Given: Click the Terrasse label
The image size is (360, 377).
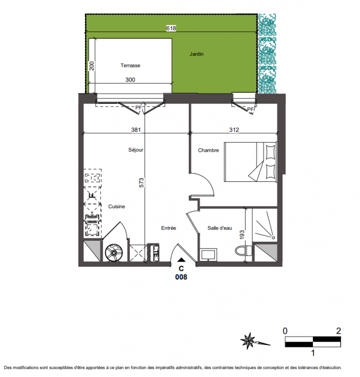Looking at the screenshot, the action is [130, 66].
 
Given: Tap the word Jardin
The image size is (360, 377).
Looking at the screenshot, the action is [196, 54].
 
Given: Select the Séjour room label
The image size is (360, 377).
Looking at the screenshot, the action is [136, 150].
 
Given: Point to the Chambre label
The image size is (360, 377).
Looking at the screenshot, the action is [208, 150].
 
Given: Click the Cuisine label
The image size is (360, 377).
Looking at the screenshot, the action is [117, 206].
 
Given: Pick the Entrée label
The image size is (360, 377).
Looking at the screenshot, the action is [168, 228].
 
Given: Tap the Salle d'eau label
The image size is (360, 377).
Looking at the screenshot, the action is [219, 228].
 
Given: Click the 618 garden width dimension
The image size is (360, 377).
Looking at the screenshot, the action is [171, 28].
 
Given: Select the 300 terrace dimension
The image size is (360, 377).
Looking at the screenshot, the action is [130, 80].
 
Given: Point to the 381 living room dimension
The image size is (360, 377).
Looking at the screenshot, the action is [136, 130].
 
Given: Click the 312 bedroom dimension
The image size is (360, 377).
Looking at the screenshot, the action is [234, 130].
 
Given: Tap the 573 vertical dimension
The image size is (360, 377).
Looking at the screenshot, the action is [142, 182].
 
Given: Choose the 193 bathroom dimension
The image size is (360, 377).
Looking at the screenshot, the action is [242, 235].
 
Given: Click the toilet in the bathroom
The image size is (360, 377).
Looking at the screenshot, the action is [243, 251].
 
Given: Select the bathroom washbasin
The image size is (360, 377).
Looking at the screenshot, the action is [208, 255].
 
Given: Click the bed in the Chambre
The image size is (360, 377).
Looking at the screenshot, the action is [251, 162].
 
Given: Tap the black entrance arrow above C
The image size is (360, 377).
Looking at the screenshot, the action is [181, 260].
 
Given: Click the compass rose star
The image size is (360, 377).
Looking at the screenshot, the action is [248, 341].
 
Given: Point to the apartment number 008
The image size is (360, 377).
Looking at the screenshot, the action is [181, 277].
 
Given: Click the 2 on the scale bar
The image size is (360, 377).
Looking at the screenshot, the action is [338, 331].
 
